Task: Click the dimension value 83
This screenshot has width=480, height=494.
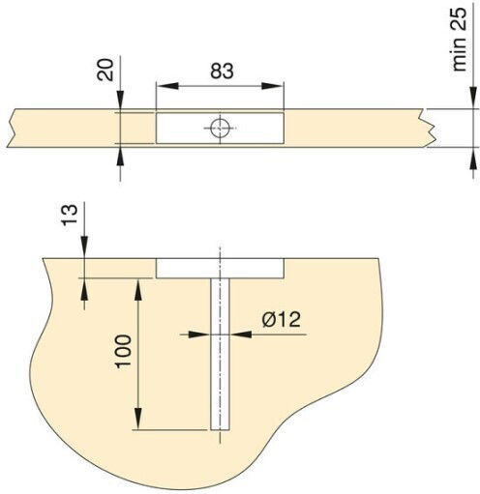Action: coord(222,71)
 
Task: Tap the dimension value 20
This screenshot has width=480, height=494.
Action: coord(105,70)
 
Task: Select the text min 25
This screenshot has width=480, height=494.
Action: coord(460,40)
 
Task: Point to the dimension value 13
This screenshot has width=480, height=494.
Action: coord(70,215)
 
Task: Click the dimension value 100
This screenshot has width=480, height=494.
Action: coord(123,352)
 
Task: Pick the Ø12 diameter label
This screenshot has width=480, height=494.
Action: coord(282,320)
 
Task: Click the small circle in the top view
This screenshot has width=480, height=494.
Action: coord(220,128)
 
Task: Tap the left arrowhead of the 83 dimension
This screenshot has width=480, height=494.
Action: coord(167,86)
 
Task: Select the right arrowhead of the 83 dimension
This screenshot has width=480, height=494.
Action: coord(273,86)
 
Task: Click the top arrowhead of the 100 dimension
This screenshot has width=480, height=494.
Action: coord(138,290)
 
